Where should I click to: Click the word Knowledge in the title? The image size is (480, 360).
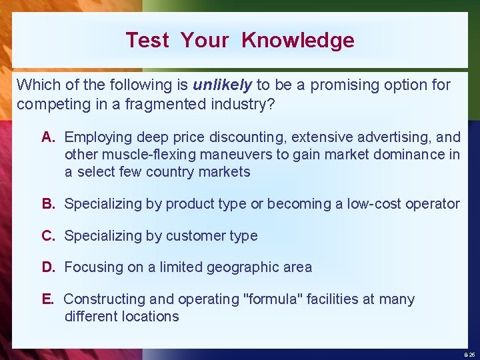click(x=297, y=40)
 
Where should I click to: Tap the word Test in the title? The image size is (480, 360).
click(x=147, y=40)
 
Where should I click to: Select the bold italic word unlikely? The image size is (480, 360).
click(x=223, y=85)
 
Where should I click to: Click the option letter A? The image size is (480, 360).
click(x=48, y=137)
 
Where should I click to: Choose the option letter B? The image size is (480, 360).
click(x=48, y=203)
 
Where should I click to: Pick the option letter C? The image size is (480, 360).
click(x=48, y=235)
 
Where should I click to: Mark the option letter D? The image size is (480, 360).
click(x=48, y=267)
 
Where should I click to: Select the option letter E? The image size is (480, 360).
click(x=47, y=299)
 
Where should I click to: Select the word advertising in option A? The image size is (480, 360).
click(x=389, y=137)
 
